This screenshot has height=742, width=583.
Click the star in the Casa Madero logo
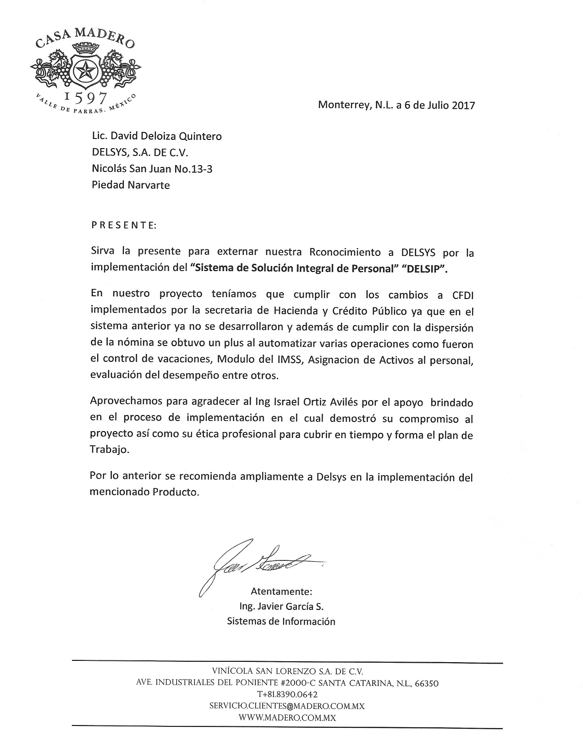coord(85,71)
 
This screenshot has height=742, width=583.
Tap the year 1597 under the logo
coord(86,98)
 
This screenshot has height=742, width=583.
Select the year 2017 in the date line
coord(463,105)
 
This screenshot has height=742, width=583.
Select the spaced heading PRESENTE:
coord(124,225)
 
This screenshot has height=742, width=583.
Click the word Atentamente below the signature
coord(281,591)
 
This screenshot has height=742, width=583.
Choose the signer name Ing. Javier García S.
coord(281,606)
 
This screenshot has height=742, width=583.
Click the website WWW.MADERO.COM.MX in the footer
coord(287,718)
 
